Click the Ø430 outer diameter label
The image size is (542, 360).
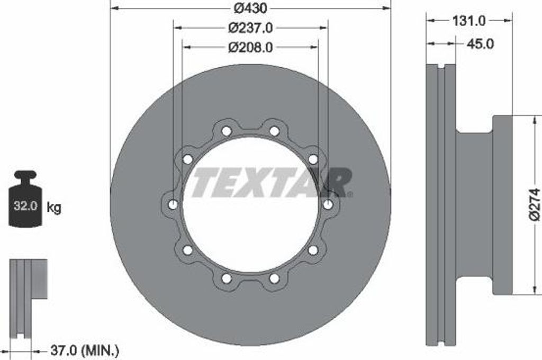[x=250, y=8]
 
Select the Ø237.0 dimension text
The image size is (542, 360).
[x=250, y=28]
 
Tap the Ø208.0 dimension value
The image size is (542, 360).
[x=250, y=47]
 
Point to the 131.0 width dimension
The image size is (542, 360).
[x=469, y=21]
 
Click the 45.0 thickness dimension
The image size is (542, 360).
[x=480, y=44]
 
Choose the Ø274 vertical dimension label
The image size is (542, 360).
[x=535, y=204]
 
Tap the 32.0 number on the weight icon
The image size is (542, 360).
[x=25, y=206]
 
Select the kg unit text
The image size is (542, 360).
[x=54, y=208]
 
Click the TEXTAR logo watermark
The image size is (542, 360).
[x=272, y=182]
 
